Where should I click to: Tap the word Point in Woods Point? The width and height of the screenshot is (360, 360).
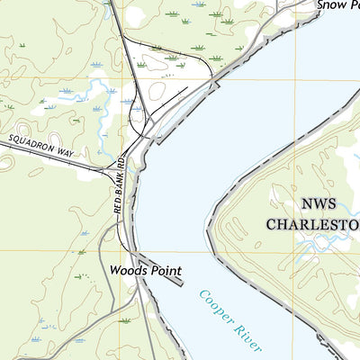[x=166, y=270]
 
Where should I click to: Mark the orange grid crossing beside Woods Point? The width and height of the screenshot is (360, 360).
[x=100, y=251]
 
